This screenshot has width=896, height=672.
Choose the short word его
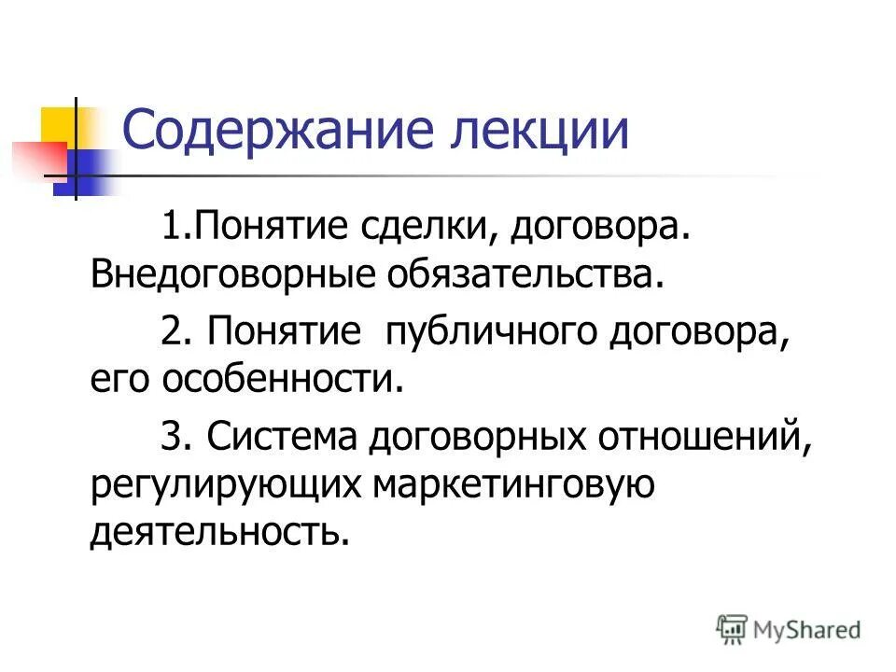point(120,380)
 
